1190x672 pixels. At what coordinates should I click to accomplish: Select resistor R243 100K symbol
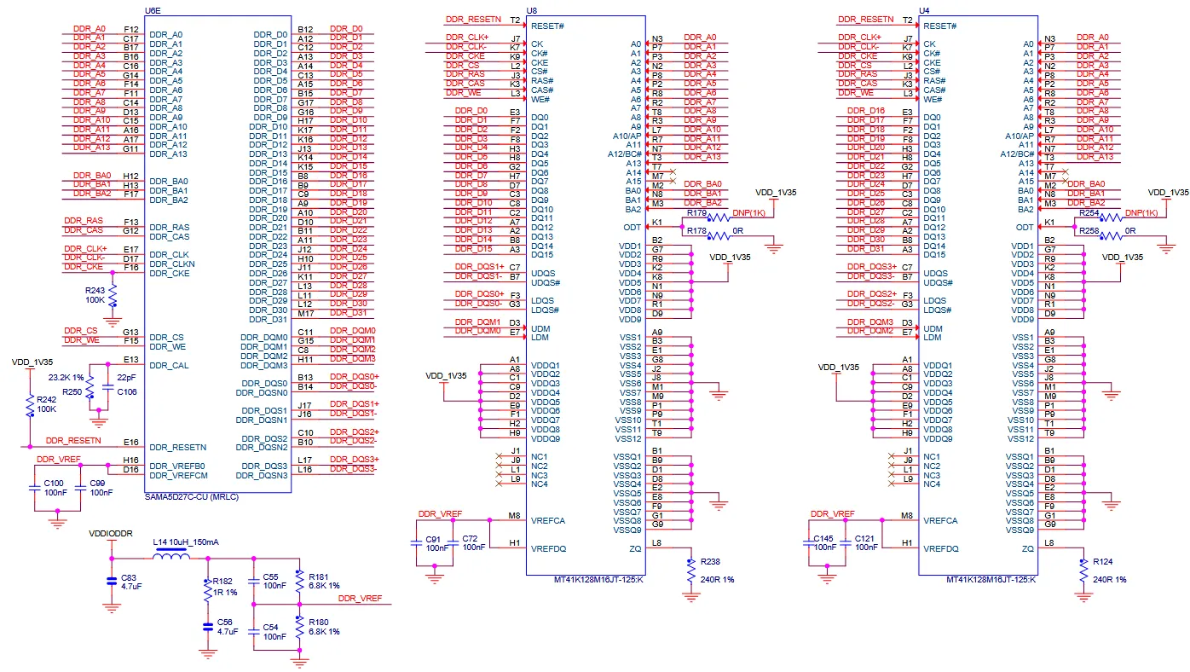pyautogui.click(x=113, y=295)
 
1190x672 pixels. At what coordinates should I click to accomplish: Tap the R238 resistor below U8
pyautogui.click(x=691, y=571)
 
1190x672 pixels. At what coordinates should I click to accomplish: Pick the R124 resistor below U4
pyautogui.click(x=1083, y=571)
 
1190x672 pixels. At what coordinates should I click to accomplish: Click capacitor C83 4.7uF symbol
pyautogui.click(x=112, y=581)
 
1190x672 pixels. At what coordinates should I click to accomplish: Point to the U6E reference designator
pyautogui.click(x=153, y=10)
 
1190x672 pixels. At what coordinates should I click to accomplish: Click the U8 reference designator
pyautogui.click(x=531, y=10)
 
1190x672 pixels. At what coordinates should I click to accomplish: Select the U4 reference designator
pyautogui.click(x=924, y=10)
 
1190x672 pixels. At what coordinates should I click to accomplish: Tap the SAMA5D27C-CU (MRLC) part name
pyautogui.click(x=191, y=497)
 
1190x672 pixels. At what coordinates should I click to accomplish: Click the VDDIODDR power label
pyautogui.click(x=111, y=534)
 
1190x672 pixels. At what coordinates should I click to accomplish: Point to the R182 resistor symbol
pyautogui.click(x=208, y=591)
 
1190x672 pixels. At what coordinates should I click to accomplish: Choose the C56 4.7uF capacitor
pyautogui.click(x=208, y=628)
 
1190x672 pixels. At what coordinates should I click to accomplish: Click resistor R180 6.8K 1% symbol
pyautogui.click(x=299, y=627)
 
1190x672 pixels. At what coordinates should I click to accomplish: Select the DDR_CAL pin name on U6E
pyautogui.click(x=169, y=366)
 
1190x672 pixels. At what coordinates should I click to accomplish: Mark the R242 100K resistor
pyautogui.click(x=31, y=405)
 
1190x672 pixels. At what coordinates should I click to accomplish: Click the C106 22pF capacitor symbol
pyautogui.click(x=108, y=389)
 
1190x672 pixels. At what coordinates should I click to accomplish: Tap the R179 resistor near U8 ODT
pyautogui.click(x=719, y=217)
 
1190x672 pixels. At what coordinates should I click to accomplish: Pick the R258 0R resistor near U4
pyautogui.click(x=1112, y=235)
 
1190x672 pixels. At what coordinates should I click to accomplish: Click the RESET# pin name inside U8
pyautogui.click(x=547, y=26)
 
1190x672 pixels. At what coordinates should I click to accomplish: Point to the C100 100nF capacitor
pyautogui.click(x=35, y=488)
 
